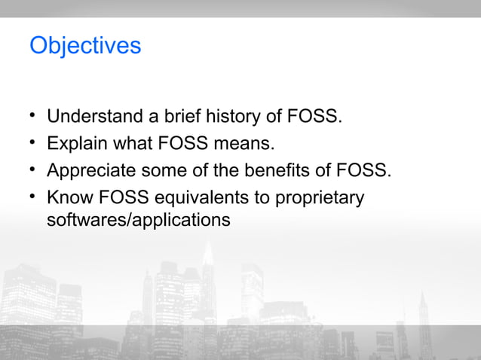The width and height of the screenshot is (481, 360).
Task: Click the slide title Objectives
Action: click(84, 46)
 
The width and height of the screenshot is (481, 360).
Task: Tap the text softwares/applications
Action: click(138, 221)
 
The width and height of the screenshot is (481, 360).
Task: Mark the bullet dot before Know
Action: click(33, 197)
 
